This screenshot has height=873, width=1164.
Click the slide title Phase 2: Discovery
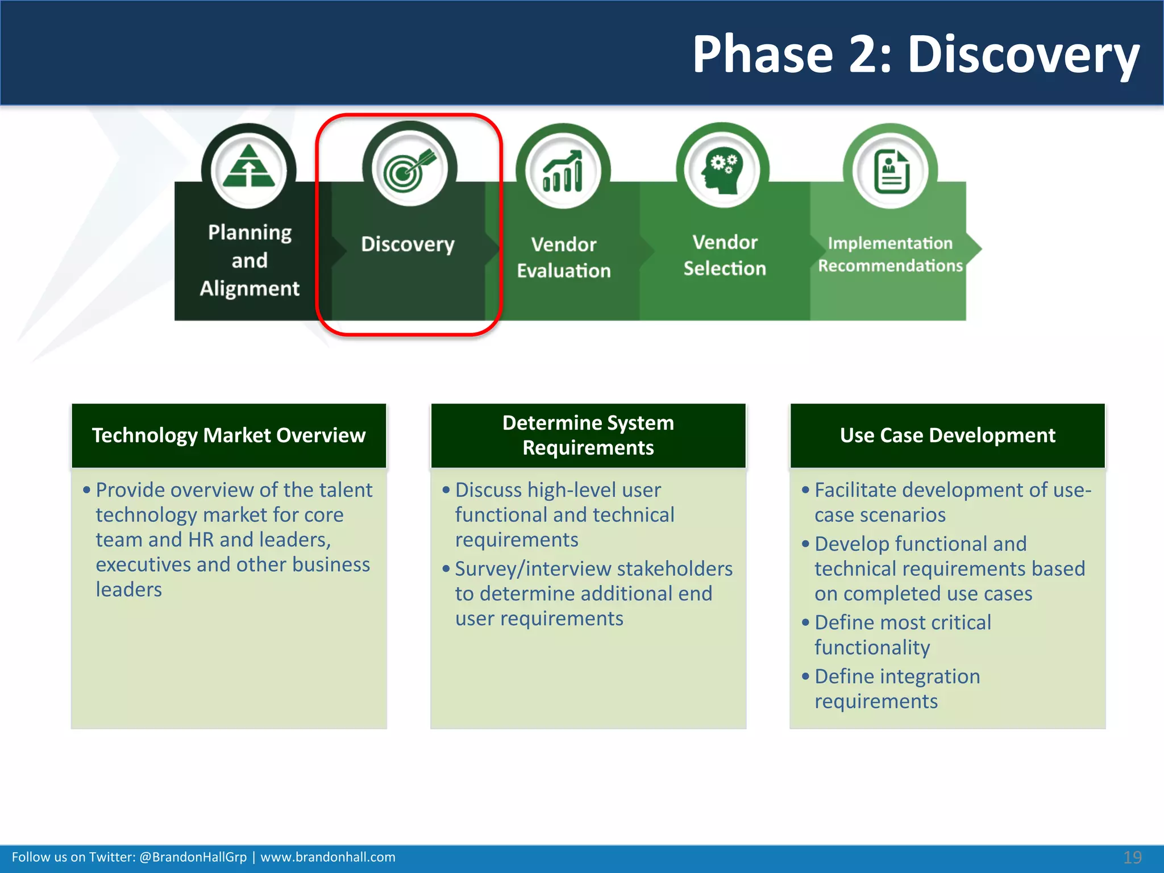[915, 55]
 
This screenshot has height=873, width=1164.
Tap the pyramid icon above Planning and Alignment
[249, 167]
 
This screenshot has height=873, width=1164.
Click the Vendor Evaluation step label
[563, 257]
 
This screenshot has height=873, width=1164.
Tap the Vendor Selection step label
[725, 255]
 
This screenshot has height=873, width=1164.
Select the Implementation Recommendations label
[890, 254]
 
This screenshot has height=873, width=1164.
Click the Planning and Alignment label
[250, 260]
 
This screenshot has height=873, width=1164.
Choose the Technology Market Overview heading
[228, 435]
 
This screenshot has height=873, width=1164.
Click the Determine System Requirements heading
[588, 435]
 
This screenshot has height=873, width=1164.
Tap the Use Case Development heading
[947, 435]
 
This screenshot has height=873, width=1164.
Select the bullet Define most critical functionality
[903, 634]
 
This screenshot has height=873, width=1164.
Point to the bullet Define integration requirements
[897, 688]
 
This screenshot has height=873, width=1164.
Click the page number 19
[1132, 857]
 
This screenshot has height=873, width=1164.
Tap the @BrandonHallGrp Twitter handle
[193, 857]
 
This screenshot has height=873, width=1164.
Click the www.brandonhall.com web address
[328, 857]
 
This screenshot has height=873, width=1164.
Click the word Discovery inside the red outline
[408, 244]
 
